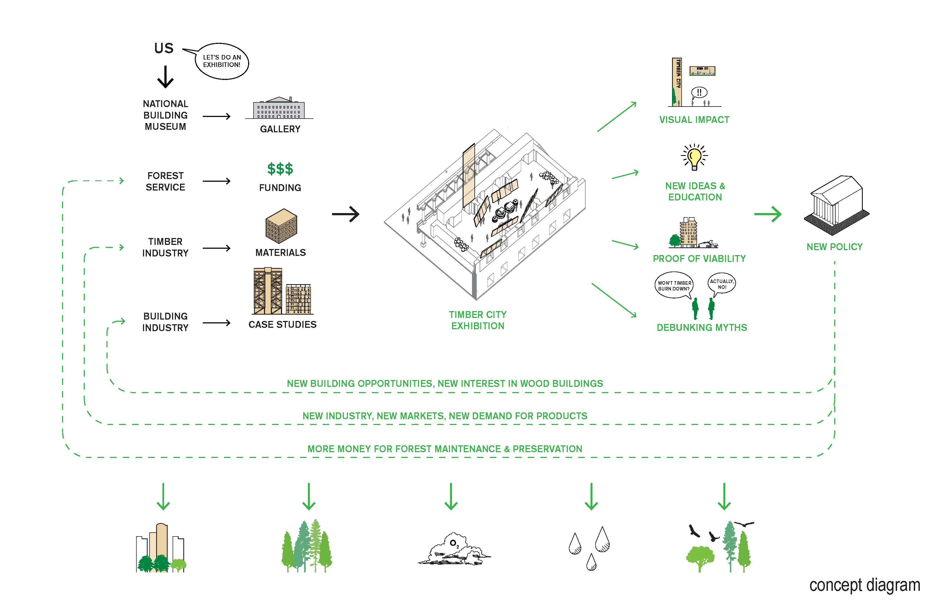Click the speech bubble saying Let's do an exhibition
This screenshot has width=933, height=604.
(222, 61)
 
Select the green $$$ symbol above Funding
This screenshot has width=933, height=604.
(280, 169)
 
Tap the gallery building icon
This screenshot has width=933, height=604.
(279, 108)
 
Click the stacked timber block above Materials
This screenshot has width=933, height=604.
(281, 226)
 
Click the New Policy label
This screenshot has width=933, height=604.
(834, 247)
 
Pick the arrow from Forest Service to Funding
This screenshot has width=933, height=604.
(217, 181)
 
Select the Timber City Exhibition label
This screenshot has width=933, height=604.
(477, 320)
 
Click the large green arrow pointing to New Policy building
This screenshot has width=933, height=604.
(768, 214)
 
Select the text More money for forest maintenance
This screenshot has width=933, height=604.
(445, 449)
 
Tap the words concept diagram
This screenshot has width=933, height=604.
(864, 585)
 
